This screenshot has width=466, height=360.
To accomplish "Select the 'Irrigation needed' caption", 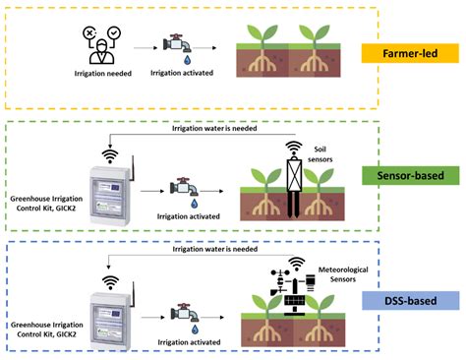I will click(102, 73).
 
